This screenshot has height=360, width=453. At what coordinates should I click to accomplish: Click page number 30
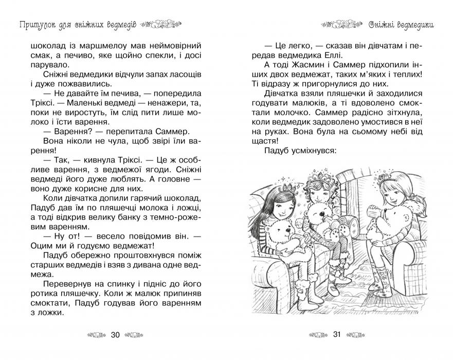point(115,335)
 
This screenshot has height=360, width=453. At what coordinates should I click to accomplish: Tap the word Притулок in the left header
point(34,24)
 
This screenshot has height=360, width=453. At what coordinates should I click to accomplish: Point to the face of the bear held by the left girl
point(280,234)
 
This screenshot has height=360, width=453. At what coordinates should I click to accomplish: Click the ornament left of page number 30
point(96,335)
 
